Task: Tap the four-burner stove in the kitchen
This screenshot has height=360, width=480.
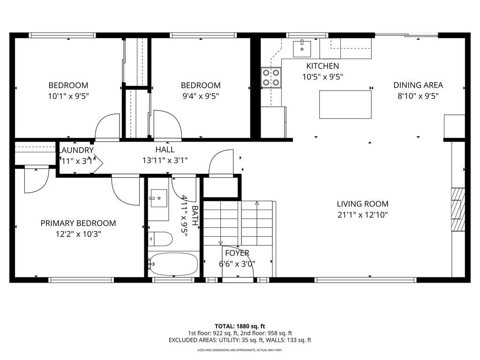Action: coord(271,78)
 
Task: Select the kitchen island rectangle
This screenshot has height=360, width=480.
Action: coord(345,105)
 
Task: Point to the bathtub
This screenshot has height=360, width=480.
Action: coord(173,265)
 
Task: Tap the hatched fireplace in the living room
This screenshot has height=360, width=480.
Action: coord(457,209)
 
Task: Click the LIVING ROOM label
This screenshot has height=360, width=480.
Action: coord(362,204)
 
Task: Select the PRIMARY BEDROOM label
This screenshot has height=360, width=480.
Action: coord(78,223)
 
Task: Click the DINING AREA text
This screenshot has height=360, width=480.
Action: coord(418,85)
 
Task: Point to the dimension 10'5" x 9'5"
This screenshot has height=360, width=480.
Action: coord(322,77)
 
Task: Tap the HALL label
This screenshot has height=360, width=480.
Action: coord(165,150)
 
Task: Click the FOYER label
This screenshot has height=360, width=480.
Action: coord(237,253)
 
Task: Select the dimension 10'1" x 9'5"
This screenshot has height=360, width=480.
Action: coord(68,96)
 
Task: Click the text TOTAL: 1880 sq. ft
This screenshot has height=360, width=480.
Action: coord(240,326)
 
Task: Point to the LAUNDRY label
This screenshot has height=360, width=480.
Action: coord(76,150)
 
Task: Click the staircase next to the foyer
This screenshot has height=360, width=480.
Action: coord(238,223)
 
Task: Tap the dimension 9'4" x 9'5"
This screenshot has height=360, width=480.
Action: coord(201,96)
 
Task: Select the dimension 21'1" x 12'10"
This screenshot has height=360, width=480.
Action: coord(362,215)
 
